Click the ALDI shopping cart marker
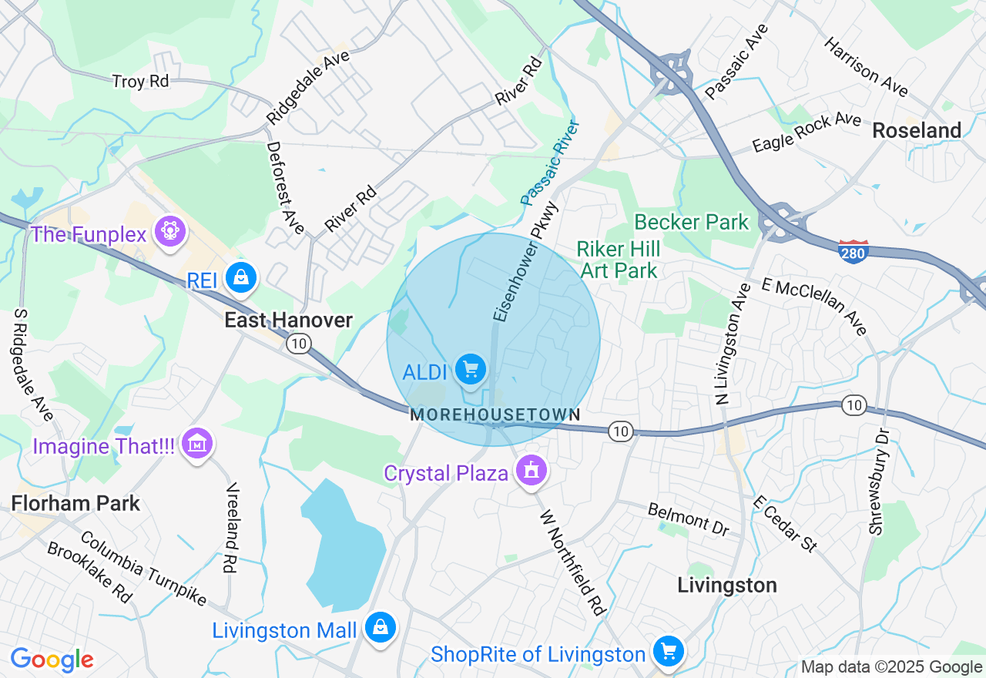click(x=470, y=370)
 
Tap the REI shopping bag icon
click(x=241, y=277)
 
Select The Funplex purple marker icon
click(x=170, y=232)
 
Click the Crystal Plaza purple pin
click(x=531, y=470)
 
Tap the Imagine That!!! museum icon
click(x=198, y=443)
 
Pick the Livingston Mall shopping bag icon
click(x=381, y=627)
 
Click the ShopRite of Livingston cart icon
click(x=668, y=652)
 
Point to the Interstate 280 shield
click(x=854, y=251)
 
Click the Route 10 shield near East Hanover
click(x=299, y=344)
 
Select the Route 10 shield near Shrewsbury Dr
click(x=854, y=405)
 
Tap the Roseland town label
click(x=917, y=131)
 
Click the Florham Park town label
click(x=75, y=504)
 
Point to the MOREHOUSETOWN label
click(x=495, y=415)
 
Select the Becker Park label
click(x=691, y=223)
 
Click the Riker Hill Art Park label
click(x=619, y=260)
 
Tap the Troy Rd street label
click(x=140, y=81)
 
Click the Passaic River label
click(x=549, y=163)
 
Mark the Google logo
click(x=52, y=660)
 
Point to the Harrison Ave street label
click(x=866, y=67)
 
